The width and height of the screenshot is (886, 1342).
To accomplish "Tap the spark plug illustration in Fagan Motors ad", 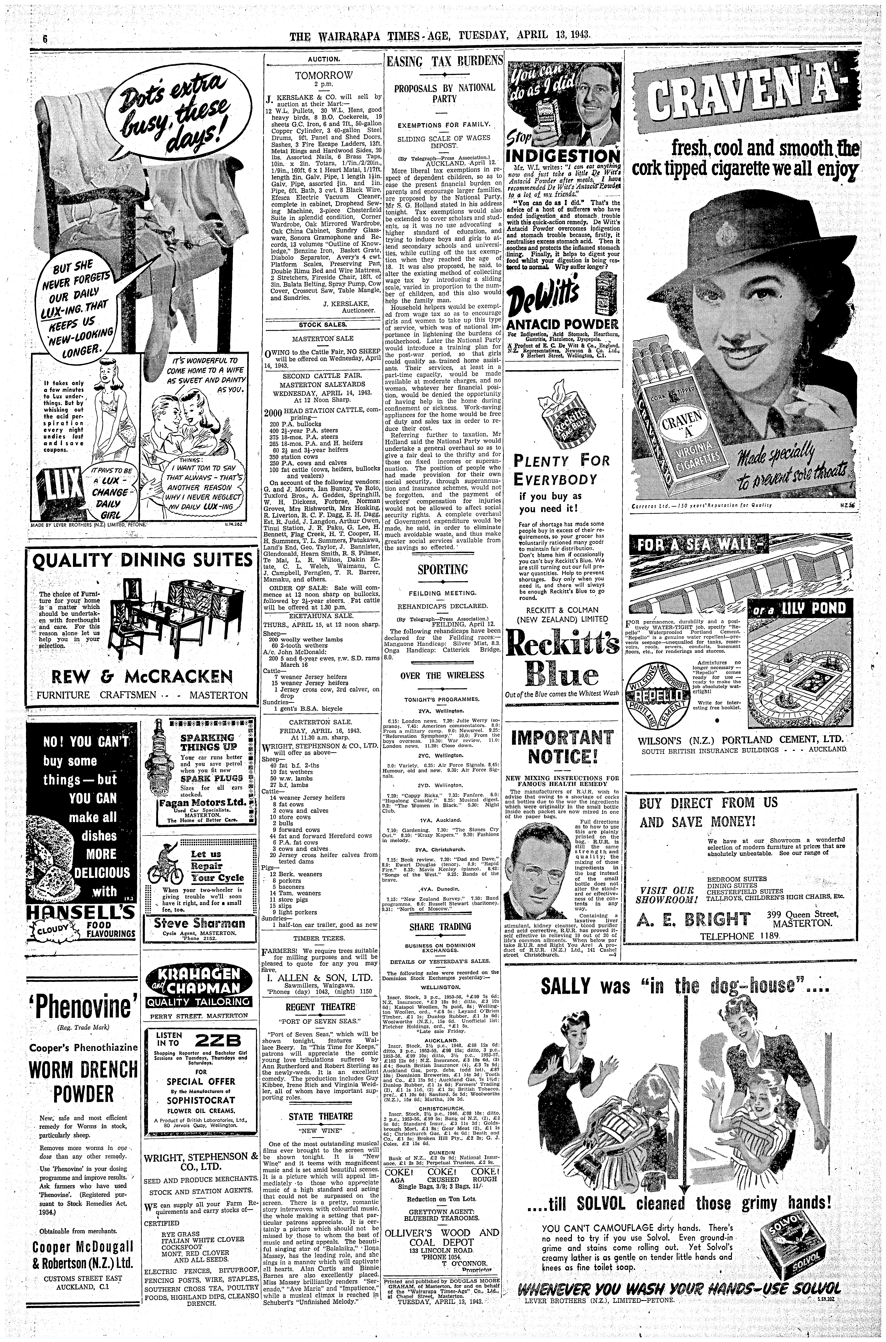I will click(161, 757).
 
